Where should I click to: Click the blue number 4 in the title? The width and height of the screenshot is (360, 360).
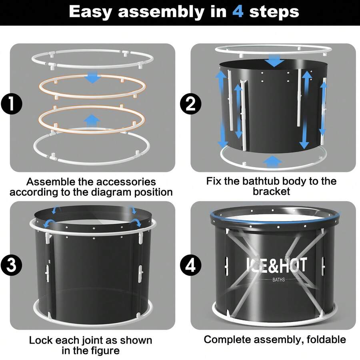238,12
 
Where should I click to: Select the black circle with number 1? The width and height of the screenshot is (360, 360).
12,104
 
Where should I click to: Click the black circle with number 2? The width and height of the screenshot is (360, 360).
190,104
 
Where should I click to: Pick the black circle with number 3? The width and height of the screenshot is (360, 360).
12,265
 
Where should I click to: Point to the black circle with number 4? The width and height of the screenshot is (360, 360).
190,265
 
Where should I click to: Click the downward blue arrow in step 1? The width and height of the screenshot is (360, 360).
92,77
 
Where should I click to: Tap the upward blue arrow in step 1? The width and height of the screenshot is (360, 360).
91,120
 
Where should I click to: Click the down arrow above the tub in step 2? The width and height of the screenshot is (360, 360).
274,61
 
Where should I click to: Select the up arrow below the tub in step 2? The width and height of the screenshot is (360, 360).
272,162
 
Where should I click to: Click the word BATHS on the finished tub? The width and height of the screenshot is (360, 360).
278,280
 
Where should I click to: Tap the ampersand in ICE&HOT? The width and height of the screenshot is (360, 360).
272,265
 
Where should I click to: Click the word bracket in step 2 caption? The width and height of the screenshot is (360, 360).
271,191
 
